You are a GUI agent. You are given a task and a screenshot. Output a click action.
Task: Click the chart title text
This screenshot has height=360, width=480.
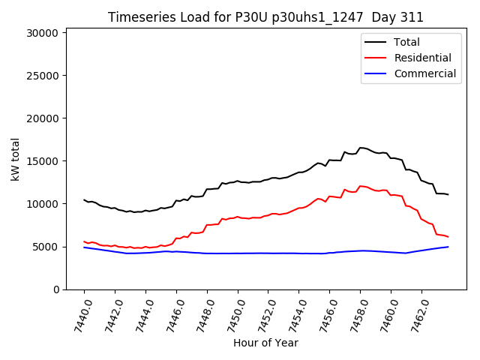(265, 17)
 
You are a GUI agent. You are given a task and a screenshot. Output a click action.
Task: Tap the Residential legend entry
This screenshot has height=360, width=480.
(422, 58)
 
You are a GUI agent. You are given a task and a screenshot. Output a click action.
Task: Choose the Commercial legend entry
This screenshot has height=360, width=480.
(424, 73)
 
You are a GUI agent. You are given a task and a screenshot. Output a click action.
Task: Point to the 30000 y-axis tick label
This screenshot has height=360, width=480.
(43, 33)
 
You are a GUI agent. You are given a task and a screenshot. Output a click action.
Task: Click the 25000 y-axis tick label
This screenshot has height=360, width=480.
(43, 76)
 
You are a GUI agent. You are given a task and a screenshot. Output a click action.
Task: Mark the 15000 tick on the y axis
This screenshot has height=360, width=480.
(43, 161)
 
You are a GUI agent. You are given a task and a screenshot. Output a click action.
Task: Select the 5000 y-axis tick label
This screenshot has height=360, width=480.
(46, 247)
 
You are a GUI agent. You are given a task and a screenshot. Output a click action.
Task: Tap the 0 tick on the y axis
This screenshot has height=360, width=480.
(56, 289)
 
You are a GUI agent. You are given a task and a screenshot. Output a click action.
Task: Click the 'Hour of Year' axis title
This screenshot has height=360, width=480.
(265, 343)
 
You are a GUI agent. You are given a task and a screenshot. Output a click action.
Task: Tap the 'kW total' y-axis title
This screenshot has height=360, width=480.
(15, 159)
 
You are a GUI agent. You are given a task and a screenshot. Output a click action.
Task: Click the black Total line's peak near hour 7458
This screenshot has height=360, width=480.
(361, 148)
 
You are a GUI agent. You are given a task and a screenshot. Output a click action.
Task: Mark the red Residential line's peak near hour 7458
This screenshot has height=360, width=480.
(361, 186)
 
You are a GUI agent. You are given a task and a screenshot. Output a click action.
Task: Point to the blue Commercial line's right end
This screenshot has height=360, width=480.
(448, 247)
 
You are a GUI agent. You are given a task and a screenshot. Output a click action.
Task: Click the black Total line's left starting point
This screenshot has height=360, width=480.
(84, 199)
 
